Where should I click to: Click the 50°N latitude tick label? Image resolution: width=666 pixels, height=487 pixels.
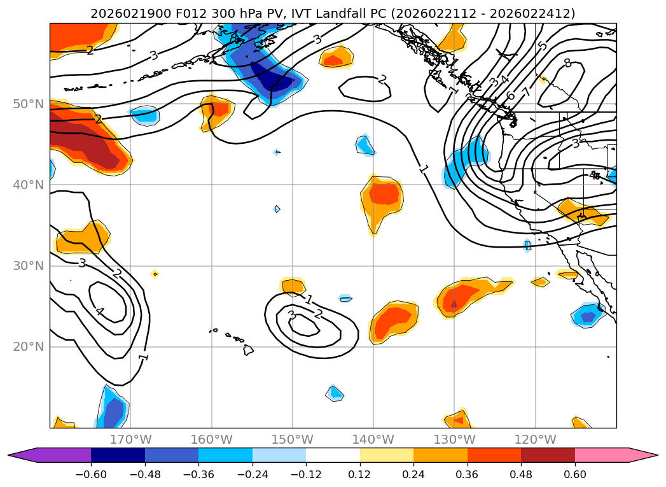point(28,104)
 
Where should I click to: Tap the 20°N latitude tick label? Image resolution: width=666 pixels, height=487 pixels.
point(28,347)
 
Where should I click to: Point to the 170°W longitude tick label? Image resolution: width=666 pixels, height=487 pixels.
point(130,439)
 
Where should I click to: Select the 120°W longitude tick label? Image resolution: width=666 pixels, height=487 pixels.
point(535,439)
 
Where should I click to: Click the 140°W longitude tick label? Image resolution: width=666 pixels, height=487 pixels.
point(373,439)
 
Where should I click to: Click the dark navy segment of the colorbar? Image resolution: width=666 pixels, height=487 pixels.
point(118,455)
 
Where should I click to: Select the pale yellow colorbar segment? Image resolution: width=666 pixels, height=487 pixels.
point(386,455)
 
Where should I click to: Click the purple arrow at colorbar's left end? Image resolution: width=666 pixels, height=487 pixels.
point(22,455)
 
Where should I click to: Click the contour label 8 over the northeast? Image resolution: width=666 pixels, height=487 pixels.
point(567,63)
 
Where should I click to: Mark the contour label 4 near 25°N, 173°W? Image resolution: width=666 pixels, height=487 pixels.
point(99,311)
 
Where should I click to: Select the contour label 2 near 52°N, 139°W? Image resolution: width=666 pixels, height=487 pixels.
point(382,80)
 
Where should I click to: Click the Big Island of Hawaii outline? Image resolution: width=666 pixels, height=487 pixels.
point(248,349)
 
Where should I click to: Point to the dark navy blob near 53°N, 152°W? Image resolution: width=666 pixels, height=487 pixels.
point(275,79)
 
